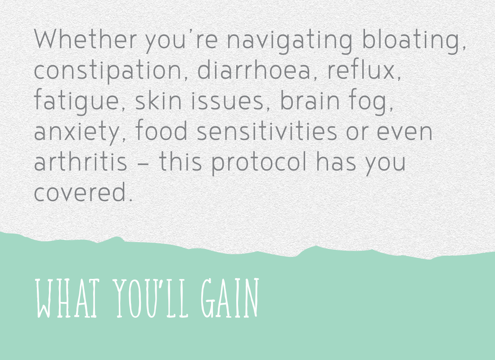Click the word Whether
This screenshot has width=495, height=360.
pyautogui.click(x=85, y=39)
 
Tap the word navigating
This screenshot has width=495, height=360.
pyautogui.click(x=289, y=41)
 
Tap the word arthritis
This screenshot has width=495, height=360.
pyautogui.click(x=81, y=161)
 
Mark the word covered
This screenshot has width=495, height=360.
pyautogui.click(x=83, y=191)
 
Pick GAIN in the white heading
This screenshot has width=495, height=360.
pyautogui.click(x=230, y=298)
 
